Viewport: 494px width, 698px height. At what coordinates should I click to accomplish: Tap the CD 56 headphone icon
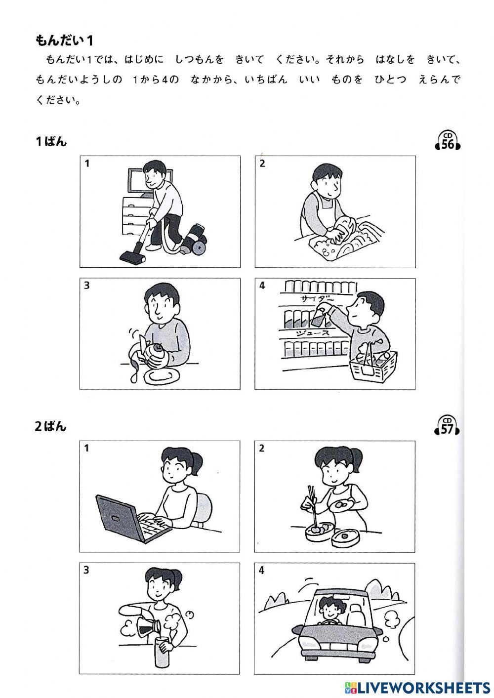448,141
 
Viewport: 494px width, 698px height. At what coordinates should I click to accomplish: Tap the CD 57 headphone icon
448,426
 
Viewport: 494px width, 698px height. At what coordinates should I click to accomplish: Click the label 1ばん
51,142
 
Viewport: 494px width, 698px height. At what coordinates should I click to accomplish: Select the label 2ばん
51,426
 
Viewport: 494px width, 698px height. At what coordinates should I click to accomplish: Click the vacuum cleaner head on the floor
132,255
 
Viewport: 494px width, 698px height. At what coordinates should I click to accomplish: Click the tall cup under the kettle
162,651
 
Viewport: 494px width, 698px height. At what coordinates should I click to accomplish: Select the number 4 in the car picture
262,571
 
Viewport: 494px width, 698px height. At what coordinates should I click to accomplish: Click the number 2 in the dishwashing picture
262,164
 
